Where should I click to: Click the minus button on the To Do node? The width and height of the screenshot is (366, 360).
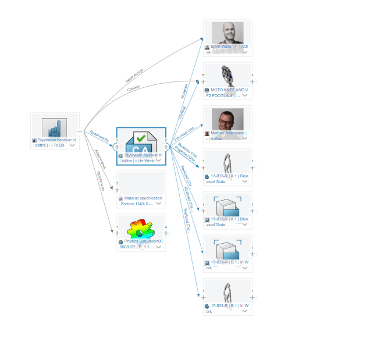79,131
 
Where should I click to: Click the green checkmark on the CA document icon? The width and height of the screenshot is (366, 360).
141,138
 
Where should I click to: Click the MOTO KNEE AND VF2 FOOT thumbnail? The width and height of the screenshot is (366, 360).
228,76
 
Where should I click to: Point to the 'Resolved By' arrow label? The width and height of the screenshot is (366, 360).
100,137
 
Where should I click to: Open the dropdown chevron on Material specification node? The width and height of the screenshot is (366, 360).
158,204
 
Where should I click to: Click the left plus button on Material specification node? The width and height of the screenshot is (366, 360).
117,190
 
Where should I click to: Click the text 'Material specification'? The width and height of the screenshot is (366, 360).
143,198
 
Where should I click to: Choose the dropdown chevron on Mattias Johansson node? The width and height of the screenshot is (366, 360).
244,139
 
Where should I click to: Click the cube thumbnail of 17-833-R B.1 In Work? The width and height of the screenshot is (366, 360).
228,250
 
